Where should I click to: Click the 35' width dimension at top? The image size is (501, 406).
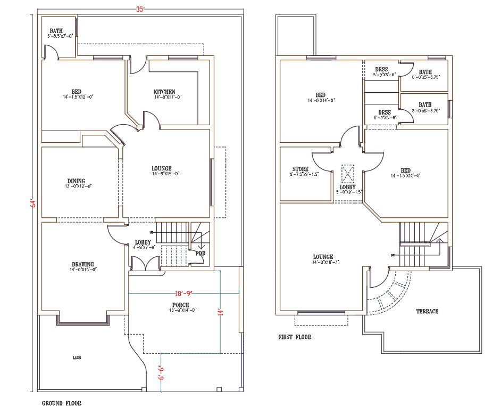[140, 9]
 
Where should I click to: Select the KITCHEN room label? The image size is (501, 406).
[164, 92]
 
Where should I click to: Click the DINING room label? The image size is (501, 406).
[76, 181]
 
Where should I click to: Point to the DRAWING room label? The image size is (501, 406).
[83, 264]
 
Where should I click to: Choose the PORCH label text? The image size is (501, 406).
[181, 305]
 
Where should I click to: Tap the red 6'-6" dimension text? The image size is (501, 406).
[161, 371]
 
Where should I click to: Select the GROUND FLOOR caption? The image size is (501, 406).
[62, 403]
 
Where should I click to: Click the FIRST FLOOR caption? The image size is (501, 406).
[295, 337]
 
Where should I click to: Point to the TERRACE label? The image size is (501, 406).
[427, 311]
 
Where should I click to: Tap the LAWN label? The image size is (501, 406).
[77, 358]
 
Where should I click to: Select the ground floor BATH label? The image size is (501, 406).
[56, 31]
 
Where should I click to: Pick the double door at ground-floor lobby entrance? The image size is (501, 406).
[145, 264]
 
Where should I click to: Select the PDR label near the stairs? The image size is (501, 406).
[200, 253]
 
